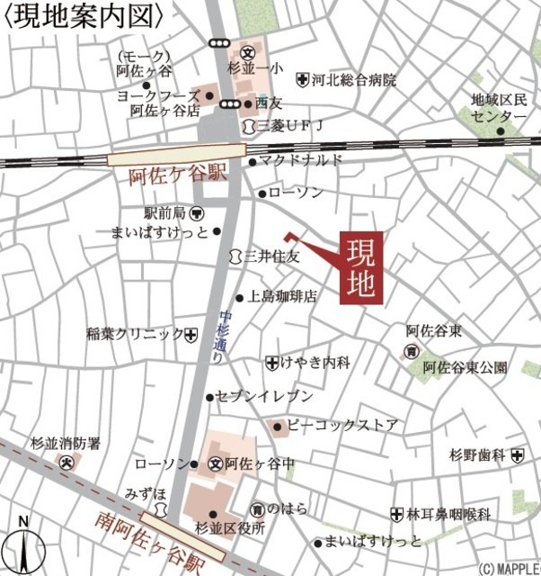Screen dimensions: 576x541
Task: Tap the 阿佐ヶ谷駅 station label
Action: [x=169, y=175]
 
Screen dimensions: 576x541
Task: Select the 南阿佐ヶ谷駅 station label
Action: [x=148, y=539]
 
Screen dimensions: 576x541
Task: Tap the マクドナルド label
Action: [x=302, y=160]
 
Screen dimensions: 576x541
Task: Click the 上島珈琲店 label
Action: [x=282, y=296]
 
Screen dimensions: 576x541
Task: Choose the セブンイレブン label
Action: [x=264, y=396]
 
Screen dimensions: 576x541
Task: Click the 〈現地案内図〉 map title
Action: [x=84, y=16]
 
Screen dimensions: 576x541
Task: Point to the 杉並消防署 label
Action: [x=66, y=444]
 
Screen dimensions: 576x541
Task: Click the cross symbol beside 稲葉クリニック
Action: [x=191, y=335]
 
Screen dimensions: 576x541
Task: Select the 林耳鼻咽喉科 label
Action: [x=448, y=514]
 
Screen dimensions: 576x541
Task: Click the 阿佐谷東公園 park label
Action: [x=465, y=367]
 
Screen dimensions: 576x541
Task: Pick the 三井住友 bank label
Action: [x=272, y=256]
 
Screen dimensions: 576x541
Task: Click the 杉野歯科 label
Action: [x=475, y=456]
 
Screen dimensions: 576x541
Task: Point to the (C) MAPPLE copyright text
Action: [x=508, y=569]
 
